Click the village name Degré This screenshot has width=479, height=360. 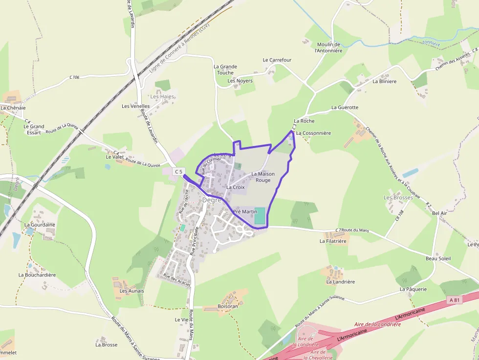tap(212, 200)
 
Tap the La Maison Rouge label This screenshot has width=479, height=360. tap(263, 177)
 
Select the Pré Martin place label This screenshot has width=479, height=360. tap(245, 212)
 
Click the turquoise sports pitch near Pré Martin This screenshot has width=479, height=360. tap(260, 216)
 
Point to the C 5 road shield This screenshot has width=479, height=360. tap(179, 171)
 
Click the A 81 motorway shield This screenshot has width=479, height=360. tap(454, 300)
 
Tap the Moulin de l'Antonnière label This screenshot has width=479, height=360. tap(327, 47)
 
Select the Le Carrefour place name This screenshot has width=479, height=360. tap(277, 60)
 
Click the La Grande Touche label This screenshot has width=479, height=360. tap(225, 69)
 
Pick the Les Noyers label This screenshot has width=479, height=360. tap(240, 81)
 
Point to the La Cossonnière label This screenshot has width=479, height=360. tap(313, 133)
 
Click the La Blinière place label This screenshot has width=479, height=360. tap(384, 82)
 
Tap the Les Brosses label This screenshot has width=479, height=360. tap(398, 197)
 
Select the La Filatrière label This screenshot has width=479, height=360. tap(333, 241)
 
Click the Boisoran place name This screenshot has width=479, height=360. tap(228, 306)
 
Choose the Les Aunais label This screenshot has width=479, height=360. tap(131, 291)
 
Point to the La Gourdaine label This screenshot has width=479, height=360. tap(40, 225)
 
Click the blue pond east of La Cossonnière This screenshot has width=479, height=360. tap(411, 173)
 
